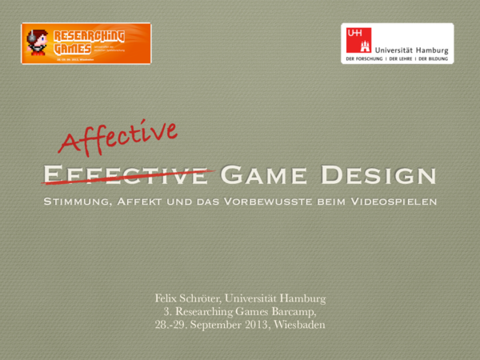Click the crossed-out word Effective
pyautogui.click(x=126, y=174)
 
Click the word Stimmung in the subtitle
pyautogui.click(x=78, y=201)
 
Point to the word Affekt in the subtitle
pyautogui.click(x=144, y=201)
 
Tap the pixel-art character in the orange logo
pyautogui.click(x=37, y=42)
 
